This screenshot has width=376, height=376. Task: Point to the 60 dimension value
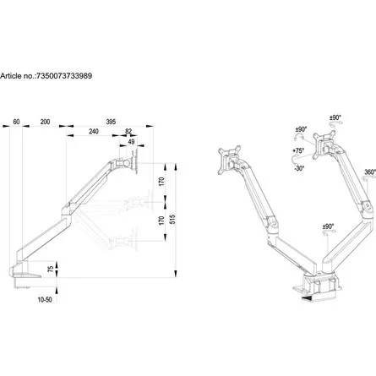(17, 123)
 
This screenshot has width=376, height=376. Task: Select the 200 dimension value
(45, 123)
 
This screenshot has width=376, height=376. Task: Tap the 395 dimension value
(111, 123)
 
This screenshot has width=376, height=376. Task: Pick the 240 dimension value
(93, 133)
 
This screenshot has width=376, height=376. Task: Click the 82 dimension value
(128, 133)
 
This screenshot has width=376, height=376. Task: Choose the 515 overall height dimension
(173, 217)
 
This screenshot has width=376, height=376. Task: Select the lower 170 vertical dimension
(161, 221)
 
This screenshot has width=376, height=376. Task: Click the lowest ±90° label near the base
(327, 227)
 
